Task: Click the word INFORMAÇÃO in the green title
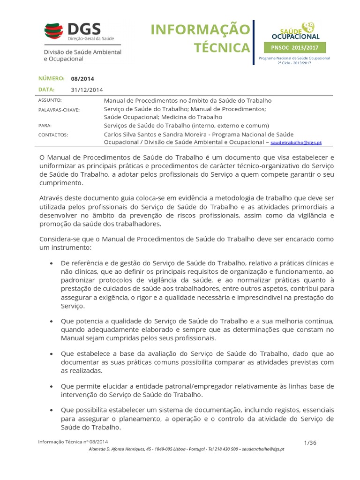click(200, 30)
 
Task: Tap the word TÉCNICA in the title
click(222, 47)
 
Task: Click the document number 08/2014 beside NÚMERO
click(79, 79)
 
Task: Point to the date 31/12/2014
click(87, 90)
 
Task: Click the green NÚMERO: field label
click(51, 78)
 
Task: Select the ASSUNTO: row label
click(49, 100)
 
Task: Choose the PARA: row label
click(45, 126)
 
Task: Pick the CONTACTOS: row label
click(53, 135)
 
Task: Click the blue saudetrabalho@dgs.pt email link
click(296, 142)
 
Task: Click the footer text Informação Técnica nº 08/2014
click(73, 442)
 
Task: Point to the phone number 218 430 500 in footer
click(222, 449)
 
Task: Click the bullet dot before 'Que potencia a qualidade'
click(51, 321)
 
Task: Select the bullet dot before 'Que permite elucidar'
click(51, 386)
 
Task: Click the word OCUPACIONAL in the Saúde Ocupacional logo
click(296, 36)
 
